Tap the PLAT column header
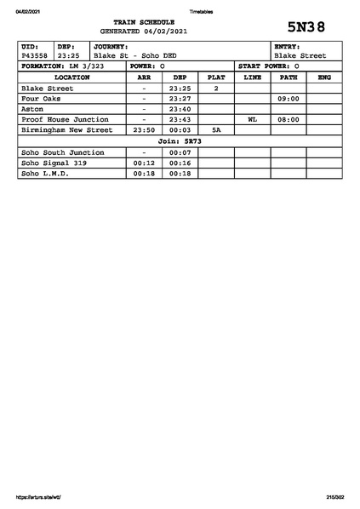[216, 77]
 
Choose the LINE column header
[252, 77]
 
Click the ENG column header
[323, 77]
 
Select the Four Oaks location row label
[41, 99]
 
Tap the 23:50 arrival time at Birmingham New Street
[144, 130]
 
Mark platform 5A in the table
[216, 130]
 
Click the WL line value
[252, 120]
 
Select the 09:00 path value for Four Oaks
[289, 99]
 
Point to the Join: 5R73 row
[180, 141]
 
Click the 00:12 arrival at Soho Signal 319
[144, 163]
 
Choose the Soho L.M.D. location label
[44, 173]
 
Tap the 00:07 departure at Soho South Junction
[180, 152]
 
